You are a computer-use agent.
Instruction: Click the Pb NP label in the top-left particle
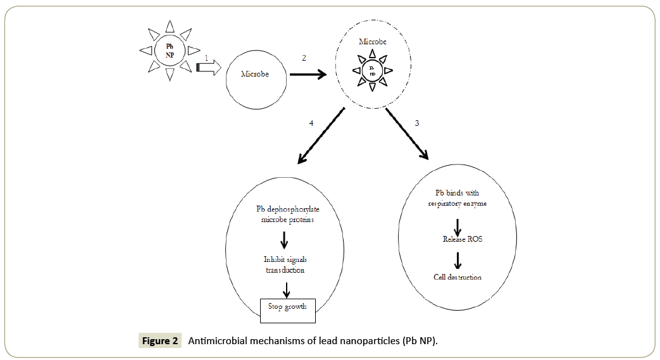(x=169, y=50)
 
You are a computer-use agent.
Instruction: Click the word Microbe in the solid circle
(x=255, y=74)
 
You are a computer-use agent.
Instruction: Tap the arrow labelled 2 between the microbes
(x=308, y=74)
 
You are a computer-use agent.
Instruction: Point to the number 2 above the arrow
(x=304, y=58)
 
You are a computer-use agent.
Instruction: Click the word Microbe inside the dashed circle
(x=372, y=42)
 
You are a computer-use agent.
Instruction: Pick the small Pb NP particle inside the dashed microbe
(x=372, y=70)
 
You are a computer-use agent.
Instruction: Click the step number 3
(x=416, y=123)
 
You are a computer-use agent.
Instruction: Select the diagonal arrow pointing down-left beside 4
(x=320, y=135)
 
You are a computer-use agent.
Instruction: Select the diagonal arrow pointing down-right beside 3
(x=408, y=133)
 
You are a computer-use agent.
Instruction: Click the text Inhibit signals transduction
(x=284, y=264)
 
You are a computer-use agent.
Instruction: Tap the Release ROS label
(x=458, y=239)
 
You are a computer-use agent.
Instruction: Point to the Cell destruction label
(x=458, y=277)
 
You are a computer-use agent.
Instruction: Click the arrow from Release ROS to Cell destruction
(x=458, y=259)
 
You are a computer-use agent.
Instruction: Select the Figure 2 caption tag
(x=160, y=341)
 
